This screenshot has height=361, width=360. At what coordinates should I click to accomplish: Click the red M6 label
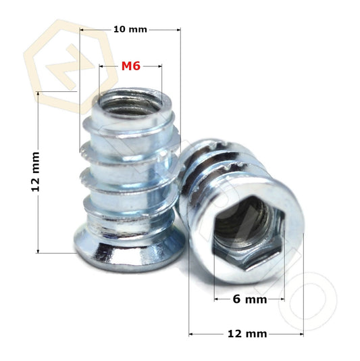pyautogui.click(x=130, y=66)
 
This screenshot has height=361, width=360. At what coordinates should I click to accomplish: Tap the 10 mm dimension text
pyautogui.click(x=129, y=29)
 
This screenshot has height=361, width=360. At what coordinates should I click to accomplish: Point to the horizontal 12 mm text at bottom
pyautogui.click(x=247, y=334)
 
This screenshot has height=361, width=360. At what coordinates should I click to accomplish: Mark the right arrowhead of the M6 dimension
pyautogui.click(x=160, y=66)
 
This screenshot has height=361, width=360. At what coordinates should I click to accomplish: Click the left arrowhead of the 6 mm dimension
pyautogui.click(x=216, y=299)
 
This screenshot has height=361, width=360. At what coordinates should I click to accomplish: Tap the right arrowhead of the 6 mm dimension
pyautogui.click(x=282, y=299)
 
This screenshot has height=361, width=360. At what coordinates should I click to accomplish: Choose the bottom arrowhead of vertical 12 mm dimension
pyautogui.click(x=38, y=251)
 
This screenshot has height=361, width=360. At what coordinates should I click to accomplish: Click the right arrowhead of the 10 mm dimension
pyautogui.click(x=178, y=30)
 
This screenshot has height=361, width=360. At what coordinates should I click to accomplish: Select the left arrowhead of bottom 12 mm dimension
pyautogui.click(x=191, y=334)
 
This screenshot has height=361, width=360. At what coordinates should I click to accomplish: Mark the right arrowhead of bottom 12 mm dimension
pyautogui.click(x=302, y=334)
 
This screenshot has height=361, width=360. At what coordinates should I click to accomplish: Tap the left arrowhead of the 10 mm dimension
pyautogui.click(x=82, y=30)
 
